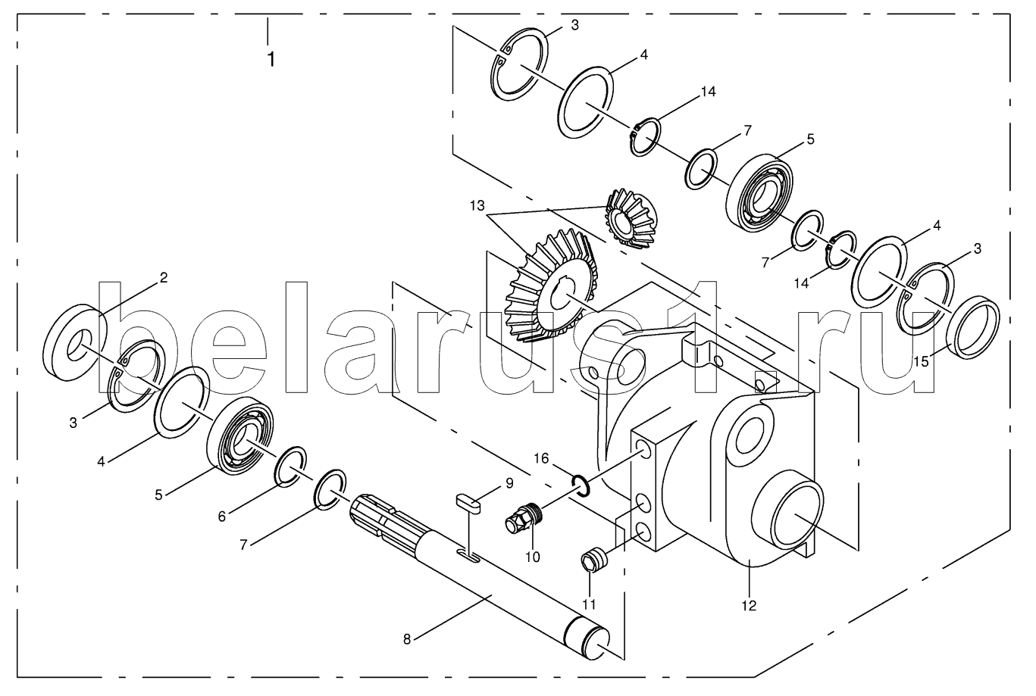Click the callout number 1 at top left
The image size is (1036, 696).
point(271,60)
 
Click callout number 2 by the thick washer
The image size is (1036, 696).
point(163,278)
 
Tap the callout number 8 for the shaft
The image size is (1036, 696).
point(407,640)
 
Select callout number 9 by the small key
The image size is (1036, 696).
point(510,483)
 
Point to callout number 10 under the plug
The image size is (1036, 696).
point(533,557)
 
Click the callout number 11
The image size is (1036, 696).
point(589,604)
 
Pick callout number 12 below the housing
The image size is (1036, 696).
point(749,605)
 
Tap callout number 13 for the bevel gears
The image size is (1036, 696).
point(477,206)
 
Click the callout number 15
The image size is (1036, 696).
point(921,361)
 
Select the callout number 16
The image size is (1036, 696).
point(542,458)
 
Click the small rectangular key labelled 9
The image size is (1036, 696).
point(469,504)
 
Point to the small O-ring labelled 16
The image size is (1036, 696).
point(581,485)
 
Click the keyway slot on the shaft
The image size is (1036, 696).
point(468,555)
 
